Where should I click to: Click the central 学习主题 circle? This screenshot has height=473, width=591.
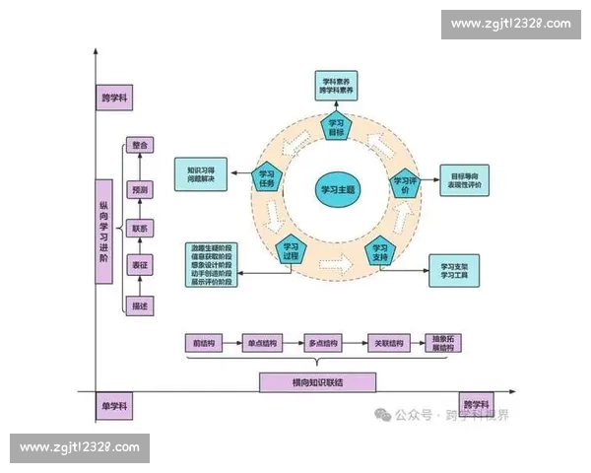tap(338, 188)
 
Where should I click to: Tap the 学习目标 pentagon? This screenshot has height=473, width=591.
tap(336, 127)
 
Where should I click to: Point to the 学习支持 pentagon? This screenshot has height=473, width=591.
tap(381, 250)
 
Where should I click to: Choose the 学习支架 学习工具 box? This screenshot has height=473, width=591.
tap(455, 269)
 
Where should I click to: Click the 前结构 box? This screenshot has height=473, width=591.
tap(203, 343)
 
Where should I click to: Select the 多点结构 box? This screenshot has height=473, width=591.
tap(322, 343)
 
